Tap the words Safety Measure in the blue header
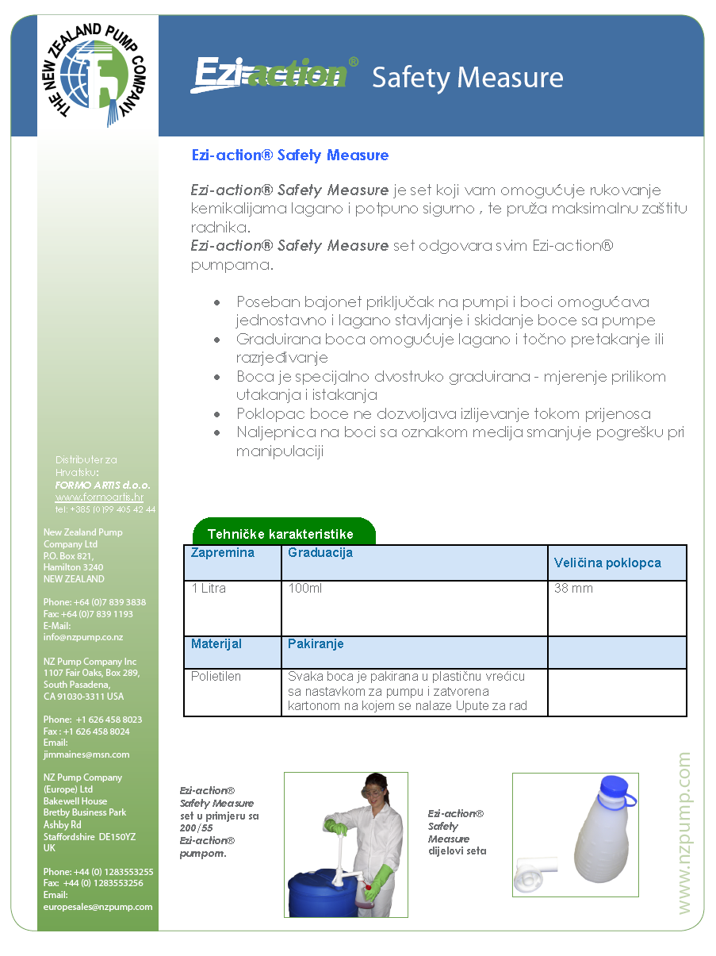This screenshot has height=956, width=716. pyautogui.click(x=467, y=78)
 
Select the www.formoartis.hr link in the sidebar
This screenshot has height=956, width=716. pyautogui.click(x=99, y=497)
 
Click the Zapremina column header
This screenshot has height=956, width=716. pyautogui.click(x=223, y=553)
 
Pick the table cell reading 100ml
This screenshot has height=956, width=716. pyautogui.click(x=305, y=589)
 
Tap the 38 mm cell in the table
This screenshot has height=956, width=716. pyautogui.click(x=573, y=589)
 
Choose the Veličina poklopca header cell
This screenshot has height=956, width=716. pyautogui.click(x=607, y=562)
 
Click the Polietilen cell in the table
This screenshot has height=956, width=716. pyautogui.click(x=216, y=677)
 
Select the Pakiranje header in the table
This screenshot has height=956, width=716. pyautogui.click(x=316, y=643)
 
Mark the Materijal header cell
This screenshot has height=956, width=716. pyautogui.click(x=216, y=643)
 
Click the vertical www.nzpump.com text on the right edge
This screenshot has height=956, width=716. pyautogui.click(x=683, y=833)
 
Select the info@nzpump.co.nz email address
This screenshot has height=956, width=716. pyautogui.click(x=82, y=637)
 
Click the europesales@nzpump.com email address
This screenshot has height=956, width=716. pyautogui.click(x=98, y=906)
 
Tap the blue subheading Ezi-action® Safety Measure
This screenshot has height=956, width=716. pyautogui.click(x=290, y=155)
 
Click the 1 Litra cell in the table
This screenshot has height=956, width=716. pyautogui.click(x=209, y=589)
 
